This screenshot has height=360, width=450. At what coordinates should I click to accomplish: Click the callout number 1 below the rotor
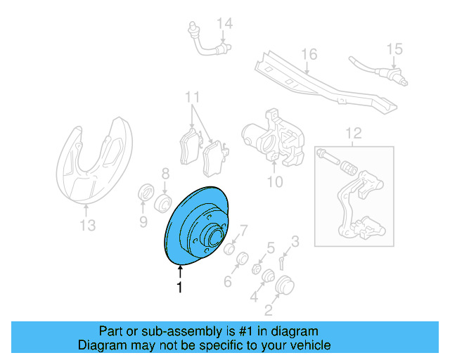point(179,287)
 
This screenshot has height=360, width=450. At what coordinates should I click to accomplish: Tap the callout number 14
point(224,25)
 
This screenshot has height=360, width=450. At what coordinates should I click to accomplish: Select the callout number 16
point(309,54)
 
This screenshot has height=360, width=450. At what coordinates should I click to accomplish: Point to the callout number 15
point(394,49)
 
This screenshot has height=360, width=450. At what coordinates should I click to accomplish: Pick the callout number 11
point(193,96)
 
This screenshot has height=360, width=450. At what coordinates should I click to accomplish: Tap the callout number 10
point(274,183)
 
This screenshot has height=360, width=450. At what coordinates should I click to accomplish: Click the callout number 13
point(86,225)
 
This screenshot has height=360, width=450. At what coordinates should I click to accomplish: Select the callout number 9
point(143,223)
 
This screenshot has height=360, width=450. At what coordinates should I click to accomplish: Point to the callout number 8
point(165,173)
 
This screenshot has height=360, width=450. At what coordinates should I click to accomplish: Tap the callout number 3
point(295,242)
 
